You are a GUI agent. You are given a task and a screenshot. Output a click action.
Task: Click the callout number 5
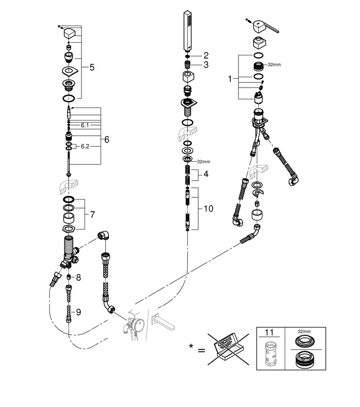[92, 68]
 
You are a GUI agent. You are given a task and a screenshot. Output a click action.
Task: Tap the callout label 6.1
[85, 125]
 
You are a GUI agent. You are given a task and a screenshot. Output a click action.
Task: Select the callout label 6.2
[85, 147]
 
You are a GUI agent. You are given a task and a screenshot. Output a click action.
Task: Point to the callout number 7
[93, 214]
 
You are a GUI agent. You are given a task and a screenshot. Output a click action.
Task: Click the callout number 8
[78, 277]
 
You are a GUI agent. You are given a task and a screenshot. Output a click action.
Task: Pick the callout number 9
[78, 312]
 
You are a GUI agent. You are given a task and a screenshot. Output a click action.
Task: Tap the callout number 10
[208, 209]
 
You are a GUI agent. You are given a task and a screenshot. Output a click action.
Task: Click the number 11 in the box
[269, 332]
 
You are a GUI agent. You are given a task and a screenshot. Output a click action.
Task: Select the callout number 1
[229, 78]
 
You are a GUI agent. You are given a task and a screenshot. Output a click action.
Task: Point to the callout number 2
[206, 55]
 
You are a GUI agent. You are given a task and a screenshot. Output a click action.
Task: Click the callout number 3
[206, 65]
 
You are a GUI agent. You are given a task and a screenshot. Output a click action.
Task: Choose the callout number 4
[206, 174]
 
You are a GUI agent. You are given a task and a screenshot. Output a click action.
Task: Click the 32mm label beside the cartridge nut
[274, 65]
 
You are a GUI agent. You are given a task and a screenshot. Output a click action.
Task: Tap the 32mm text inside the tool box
[304, 332]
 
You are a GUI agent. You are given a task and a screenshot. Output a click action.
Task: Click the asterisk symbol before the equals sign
[191, 346]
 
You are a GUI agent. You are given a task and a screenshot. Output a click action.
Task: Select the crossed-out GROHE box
[228, 350]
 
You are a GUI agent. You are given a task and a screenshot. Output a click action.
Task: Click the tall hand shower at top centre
[188, 31]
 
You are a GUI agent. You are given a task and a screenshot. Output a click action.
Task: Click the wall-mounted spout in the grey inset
[163, 322]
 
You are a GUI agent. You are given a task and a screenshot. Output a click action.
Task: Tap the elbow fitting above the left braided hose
[104, 235]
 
